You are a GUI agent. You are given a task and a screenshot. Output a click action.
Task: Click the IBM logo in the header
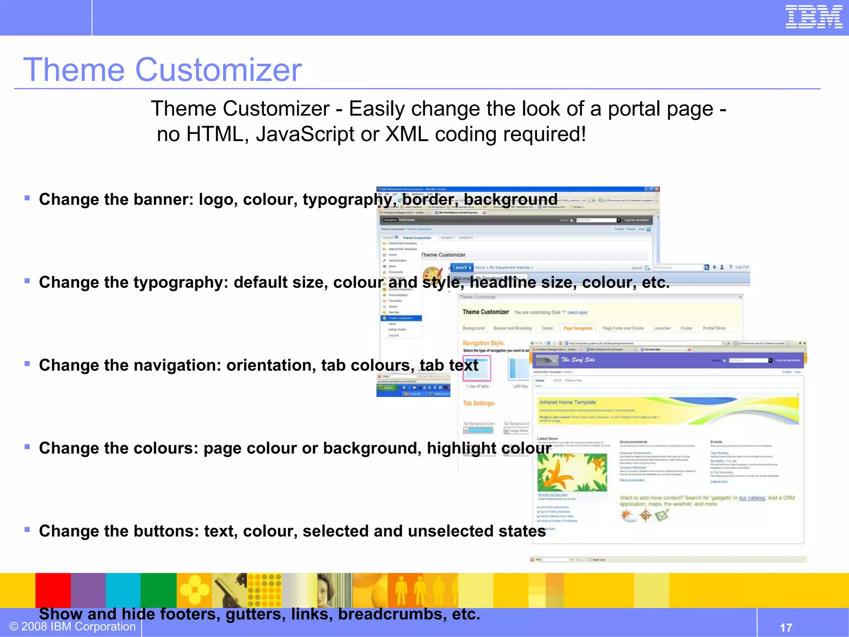813,17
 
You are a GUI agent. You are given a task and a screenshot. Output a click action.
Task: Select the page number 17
786,627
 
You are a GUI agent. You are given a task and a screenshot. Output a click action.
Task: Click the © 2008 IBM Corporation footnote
73,626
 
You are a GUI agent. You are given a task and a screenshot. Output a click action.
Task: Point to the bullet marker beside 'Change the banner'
27,198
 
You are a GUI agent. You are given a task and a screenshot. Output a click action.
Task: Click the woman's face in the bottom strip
325,589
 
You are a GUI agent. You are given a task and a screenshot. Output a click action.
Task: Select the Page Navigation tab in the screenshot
578,328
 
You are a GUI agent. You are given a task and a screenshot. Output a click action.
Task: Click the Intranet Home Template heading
568,402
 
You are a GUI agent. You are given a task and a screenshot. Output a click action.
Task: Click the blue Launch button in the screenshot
461,267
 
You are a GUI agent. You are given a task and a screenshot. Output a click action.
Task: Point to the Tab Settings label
479,403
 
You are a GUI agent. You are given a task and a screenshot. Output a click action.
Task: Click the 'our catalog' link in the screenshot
751,498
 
